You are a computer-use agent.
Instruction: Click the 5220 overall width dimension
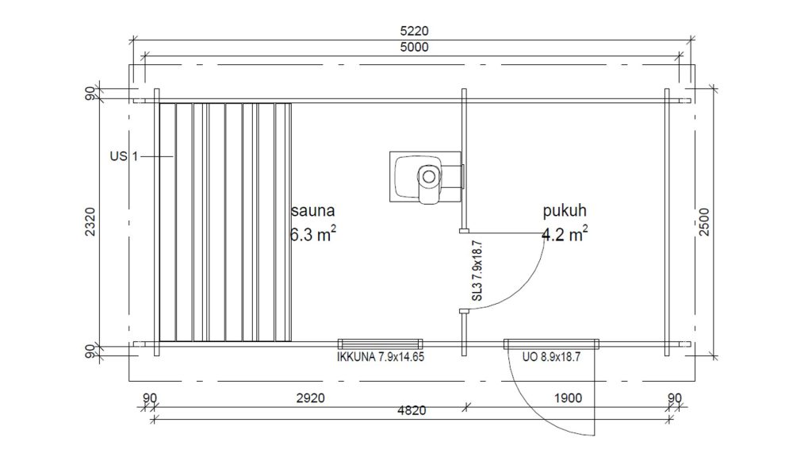tap(414, 31)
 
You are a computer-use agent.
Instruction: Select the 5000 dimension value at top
tap(414, 47)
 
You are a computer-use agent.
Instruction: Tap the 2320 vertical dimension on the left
tap(90, 222)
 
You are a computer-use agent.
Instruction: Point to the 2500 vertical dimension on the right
tap(704, 222)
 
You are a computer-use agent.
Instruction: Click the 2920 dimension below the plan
tap(311, 398)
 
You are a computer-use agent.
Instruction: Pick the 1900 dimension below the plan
tap(568, 398)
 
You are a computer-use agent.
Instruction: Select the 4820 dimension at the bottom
tap(412, 410)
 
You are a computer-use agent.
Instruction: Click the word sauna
tap(312, 210)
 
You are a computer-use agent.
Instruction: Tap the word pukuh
tap(565, 210)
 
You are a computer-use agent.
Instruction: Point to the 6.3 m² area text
tap(312, 234)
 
